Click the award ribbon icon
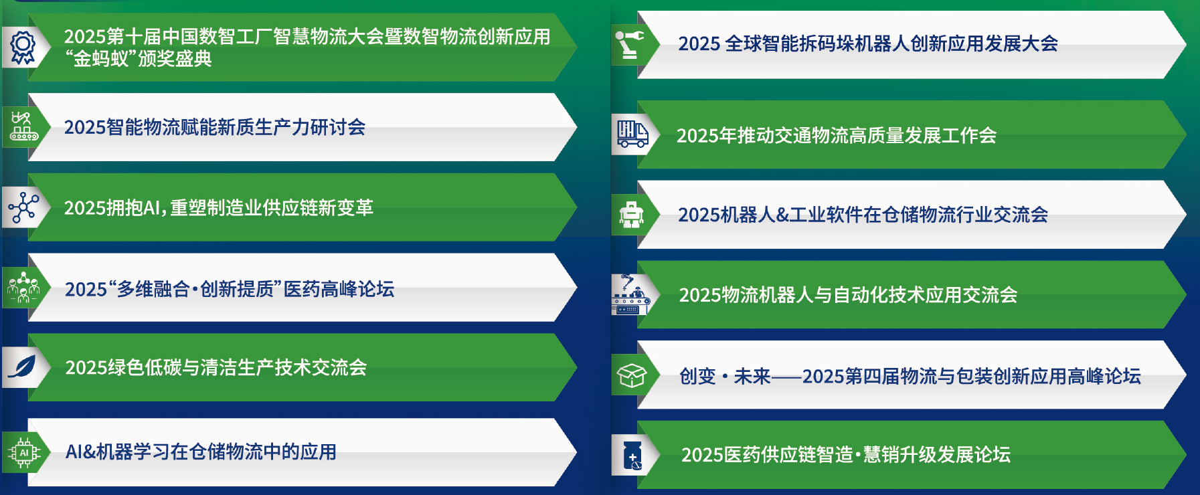pos(23,47)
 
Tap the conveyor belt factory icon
pos(23,126)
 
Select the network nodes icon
pos(23,207)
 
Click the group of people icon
pos(23,288)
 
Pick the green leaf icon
pos(22,367)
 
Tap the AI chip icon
pos(24,453)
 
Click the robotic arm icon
pos(629,44)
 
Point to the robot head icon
pos(631,215)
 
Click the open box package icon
pos(631,376)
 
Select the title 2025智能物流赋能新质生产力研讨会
pos(215,127)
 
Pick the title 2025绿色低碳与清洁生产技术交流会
pos(216,367)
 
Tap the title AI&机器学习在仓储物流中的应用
pos(201,452)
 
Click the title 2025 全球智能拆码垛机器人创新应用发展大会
pos(868,43)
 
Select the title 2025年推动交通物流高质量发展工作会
pos(837,136)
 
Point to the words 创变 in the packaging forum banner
pos(697,377)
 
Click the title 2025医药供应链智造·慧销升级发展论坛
pos(846,455)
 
